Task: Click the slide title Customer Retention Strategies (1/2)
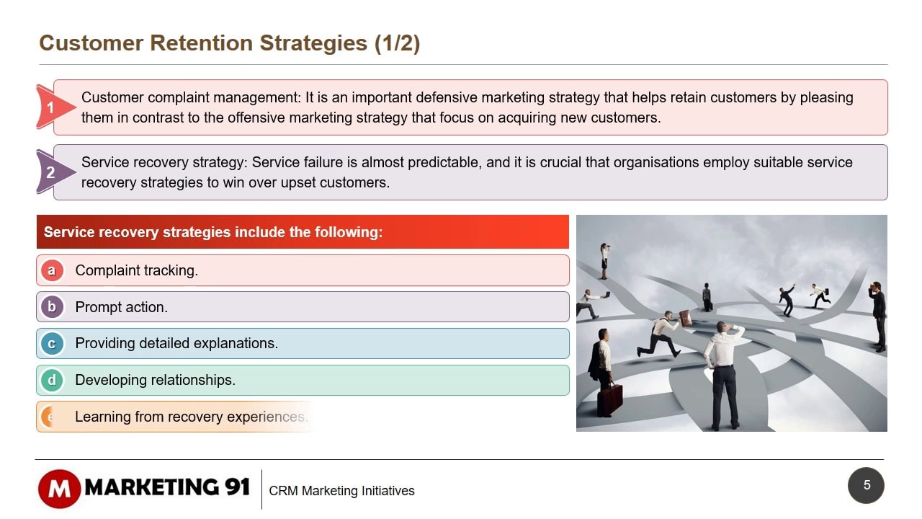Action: (229, 43)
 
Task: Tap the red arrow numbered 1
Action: (53, 107)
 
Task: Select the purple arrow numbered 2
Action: (53, 172)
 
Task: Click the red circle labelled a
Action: (52, 270)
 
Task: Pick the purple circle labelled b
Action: (52, 307)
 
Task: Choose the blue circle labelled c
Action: (52, 344)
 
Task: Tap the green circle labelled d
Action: (52, 380)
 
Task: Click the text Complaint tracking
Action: (136, 270)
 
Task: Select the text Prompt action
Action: (122, 307)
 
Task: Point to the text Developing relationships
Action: (155, 380)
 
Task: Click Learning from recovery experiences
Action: (192, 417)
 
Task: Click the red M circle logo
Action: (59, 489)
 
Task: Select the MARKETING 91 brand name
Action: (167, 487)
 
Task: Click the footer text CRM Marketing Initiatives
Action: (341, 491)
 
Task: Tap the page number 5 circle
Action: (866, 485)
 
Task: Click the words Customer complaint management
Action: (191, 97)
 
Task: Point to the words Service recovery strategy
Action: (164, 162)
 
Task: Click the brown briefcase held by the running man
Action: (685, 318)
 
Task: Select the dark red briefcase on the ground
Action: (610, 399)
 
